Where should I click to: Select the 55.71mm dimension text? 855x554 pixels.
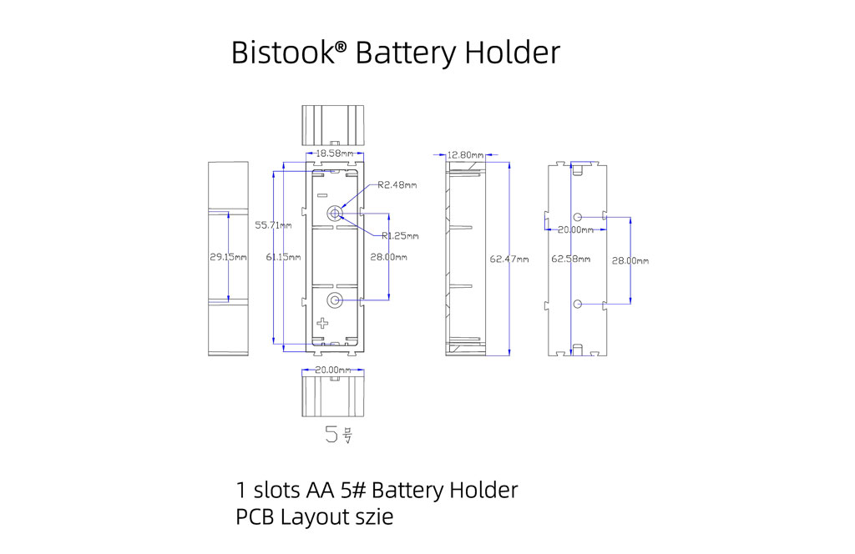click(274, 226)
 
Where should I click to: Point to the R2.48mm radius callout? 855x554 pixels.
click(397, 185)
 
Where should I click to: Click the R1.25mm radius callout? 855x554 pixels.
click(399, 235)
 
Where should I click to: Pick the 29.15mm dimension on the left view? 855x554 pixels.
click(228, 258)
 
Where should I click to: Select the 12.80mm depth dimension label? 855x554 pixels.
click(466, 154)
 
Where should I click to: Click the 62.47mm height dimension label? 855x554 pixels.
click(510, 259)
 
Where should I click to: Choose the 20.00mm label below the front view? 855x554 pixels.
click(332, 370)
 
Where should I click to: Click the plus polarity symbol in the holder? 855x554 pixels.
click(324, 323)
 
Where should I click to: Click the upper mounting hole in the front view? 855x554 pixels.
click(336, 214)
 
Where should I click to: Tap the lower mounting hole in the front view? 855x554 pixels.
click(336, 300)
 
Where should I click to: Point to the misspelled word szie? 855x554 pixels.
click(372, 517)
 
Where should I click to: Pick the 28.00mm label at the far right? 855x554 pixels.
click(630, 261)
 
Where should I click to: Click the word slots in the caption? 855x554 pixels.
click(280, 490)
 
